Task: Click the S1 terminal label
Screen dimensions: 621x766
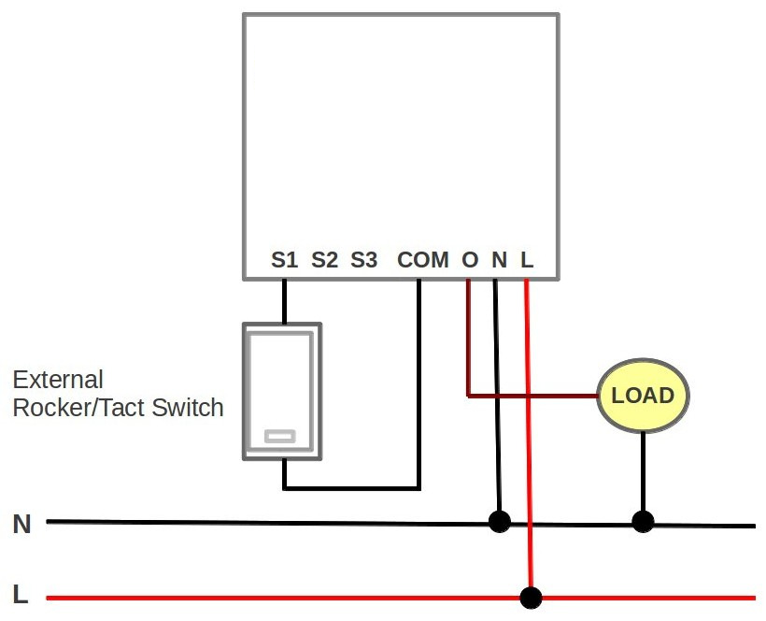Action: (284, 260)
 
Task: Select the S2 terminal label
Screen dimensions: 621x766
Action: (324, 260)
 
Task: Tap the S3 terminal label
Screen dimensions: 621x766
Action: (364, 260)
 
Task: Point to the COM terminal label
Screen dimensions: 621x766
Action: (422, 260)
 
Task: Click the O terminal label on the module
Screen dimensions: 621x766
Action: (470, 260)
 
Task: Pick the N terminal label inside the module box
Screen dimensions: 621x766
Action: (500, 260)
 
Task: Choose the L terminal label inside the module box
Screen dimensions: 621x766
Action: (527, 260)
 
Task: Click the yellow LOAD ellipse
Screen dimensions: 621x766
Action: (643, 396)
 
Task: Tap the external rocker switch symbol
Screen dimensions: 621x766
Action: (282, 391)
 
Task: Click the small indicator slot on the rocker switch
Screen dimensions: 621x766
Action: (280, 436)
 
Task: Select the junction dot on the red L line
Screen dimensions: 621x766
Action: (531, 597)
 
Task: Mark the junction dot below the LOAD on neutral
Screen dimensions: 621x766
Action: (642, 521)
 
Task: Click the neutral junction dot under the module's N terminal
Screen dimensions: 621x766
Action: (500, 521)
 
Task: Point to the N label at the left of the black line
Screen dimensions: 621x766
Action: (21, 525)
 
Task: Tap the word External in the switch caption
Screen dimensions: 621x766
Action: (58, 381)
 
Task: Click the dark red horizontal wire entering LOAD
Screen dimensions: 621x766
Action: (532, 396)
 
